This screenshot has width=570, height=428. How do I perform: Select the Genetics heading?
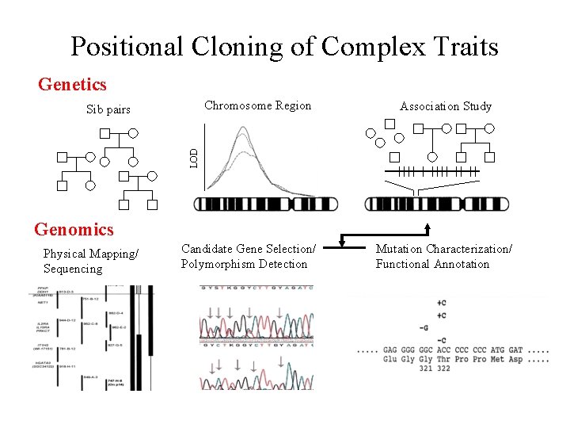pos(72,83)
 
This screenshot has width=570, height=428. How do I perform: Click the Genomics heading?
pos(74,230)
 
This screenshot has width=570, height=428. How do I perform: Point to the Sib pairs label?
pos(108,109)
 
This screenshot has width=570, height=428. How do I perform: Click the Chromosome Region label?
pos(258,105)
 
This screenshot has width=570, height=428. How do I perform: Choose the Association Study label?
pos(446,106)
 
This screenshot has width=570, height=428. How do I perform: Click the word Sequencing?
pos(73,269)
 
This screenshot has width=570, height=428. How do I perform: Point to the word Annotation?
pos(462,264)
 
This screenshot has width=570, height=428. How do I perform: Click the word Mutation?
pos(401,249)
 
